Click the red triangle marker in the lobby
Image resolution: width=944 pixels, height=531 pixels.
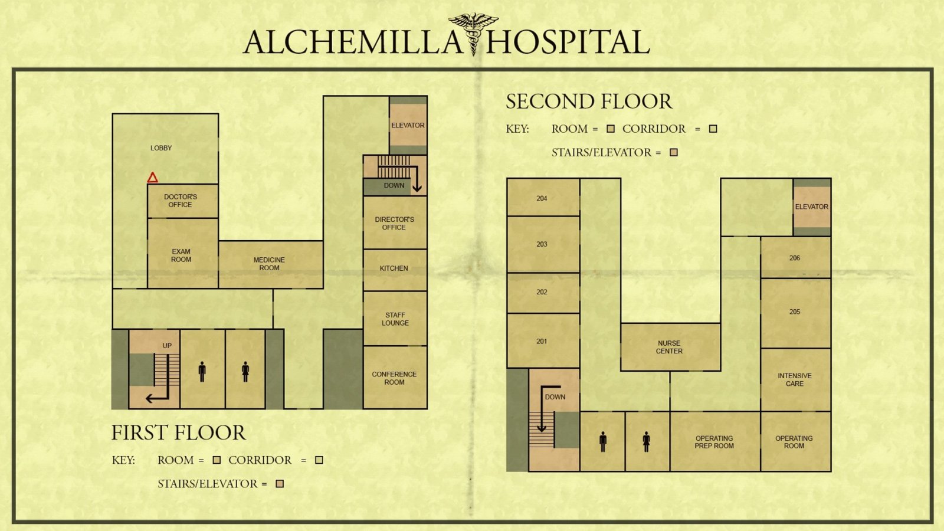coord(153,178)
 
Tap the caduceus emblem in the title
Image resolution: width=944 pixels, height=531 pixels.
coord(473,34)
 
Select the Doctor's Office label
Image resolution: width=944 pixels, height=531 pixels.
coord(181,201)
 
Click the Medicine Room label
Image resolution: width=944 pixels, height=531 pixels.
coord(269,264)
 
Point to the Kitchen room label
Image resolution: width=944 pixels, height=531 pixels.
coord(394,268)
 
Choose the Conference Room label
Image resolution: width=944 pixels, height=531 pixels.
coord(395,378)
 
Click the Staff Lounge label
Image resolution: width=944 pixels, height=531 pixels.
coord(395,319)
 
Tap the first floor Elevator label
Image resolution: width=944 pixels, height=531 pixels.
coord(408,125)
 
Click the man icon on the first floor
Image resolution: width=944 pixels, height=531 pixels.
coord(202,372)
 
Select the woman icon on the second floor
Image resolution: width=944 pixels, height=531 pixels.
coord(647,442)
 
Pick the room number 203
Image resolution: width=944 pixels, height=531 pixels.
coord(542,244)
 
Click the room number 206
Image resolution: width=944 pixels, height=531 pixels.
coord(795,258)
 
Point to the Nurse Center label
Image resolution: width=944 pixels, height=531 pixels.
coord(669,347)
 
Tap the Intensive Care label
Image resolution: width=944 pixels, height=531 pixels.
coord(795,380)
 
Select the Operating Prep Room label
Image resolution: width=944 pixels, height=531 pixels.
coord(714,442)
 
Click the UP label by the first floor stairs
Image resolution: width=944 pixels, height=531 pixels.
coord(168,346)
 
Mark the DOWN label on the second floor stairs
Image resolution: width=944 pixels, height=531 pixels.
coord(555,397)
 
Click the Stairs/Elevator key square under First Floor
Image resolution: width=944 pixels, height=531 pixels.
coord(280,484)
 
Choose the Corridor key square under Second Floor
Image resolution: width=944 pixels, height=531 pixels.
coord(713,129)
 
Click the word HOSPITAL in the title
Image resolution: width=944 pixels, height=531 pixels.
coord(568,42)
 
